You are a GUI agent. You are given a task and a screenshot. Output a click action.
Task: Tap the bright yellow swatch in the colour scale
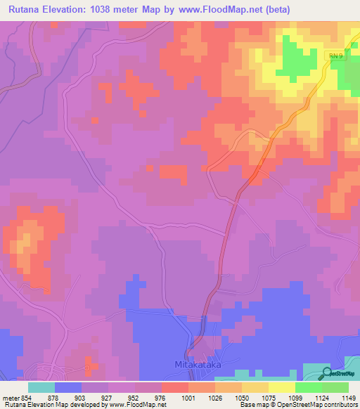coord(281,387)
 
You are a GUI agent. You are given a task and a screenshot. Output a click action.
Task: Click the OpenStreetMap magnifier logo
coord(328,374)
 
